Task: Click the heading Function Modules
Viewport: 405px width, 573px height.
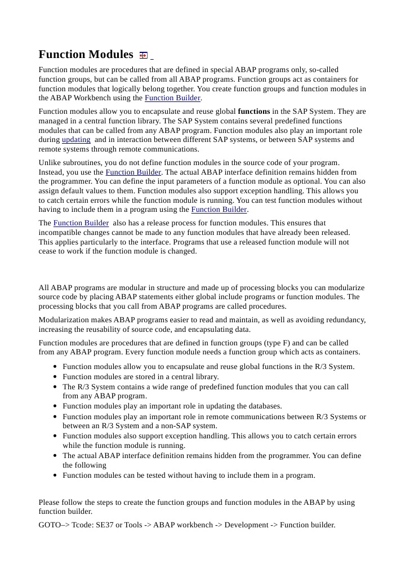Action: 86,55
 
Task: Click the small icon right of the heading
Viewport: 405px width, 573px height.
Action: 144,55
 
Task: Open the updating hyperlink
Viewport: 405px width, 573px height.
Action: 76,140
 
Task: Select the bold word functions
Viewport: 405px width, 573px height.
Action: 254,112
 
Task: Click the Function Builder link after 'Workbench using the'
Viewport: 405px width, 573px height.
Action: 172,98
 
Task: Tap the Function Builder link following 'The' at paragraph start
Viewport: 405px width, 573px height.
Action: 81,223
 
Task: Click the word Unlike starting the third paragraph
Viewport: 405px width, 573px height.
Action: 50,163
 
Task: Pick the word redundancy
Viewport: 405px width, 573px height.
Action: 342,320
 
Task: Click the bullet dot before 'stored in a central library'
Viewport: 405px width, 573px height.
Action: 55,377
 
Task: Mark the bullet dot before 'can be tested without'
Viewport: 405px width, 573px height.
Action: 55,476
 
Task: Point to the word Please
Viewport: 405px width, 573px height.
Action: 50,503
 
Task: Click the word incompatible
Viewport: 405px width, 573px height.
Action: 61,233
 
